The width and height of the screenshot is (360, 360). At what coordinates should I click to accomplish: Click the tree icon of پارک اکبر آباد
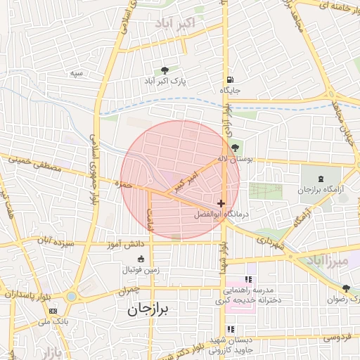tap(165, 70)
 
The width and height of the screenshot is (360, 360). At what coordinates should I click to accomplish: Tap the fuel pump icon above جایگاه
tap(230, 79)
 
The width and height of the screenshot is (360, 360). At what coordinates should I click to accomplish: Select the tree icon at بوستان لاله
tap(234, 148)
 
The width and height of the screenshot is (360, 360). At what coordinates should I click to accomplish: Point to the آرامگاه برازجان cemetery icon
tap(321, 179)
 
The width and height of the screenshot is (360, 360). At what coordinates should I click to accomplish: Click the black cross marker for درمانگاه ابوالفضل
tap(221, 203)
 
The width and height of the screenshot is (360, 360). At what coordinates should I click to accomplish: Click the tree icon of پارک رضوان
tap(346, 288)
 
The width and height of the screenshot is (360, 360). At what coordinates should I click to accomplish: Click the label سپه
tap(77, 73)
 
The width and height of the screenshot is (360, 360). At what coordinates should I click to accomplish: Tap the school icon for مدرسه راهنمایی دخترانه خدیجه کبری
tap(247, 280)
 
